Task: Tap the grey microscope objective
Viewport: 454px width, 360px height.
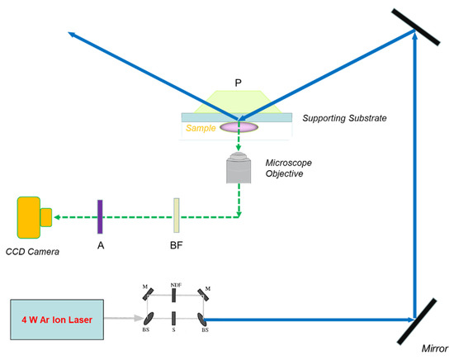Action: [239, 169]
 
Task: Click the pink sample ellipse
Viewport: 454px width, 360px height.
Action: [239, 127]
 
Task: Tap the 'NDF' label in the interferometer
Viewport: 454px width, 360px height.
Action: [175, 285]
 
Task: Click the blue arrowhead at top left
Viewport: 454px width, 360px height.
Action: [72, 34]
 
